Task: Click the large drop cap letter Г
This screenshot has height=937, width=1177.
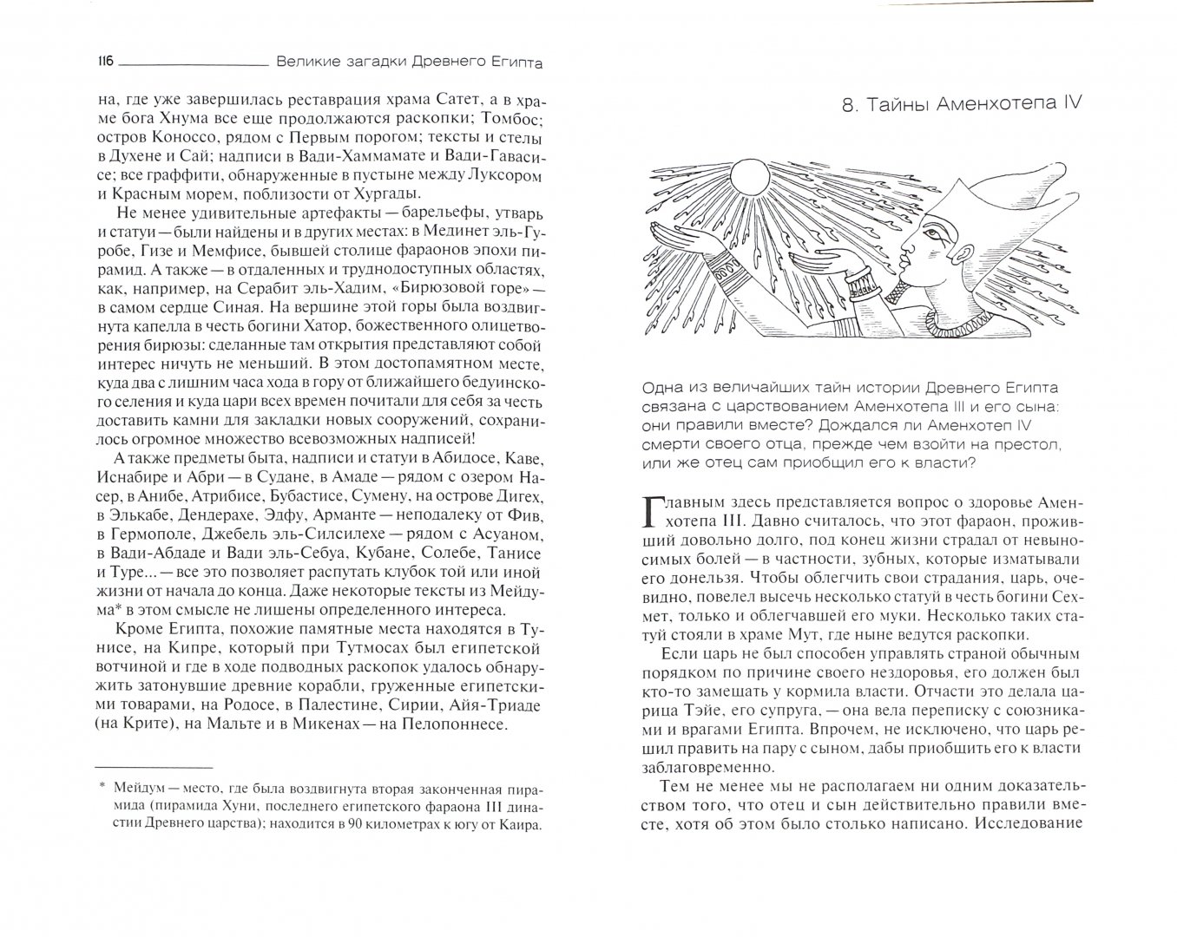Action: (x=651, y=513)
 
